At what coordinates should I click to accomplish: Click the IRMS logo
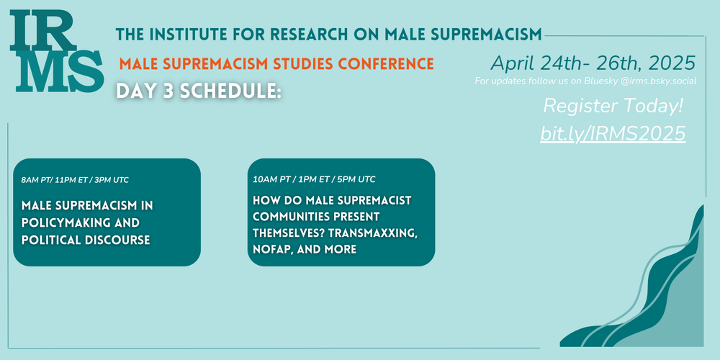pos(57,51)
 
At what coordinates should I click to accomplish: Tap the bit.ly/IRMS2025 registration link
pos(613,133)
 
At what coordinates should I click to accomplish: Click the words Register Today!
pos(613,107)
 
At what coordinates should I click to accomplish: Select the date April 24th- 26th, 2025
pos(593,63)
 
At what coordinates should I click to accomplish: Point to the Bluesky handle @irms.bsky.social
pos(659,81)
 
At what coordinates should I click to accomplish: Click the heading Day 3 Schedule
pos(199,91)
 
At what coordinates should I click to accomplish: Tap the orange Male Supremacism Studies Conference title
pos(276,63)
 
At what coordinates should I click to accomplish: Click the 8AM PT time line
pos(75,180)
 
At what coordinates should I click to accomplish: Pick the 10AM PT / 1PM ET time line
pos(314,179)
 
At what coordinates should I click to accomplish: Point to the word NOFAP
pos(270,249)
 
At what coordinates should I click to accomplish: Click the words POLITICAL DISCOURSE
pos(86,240)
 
